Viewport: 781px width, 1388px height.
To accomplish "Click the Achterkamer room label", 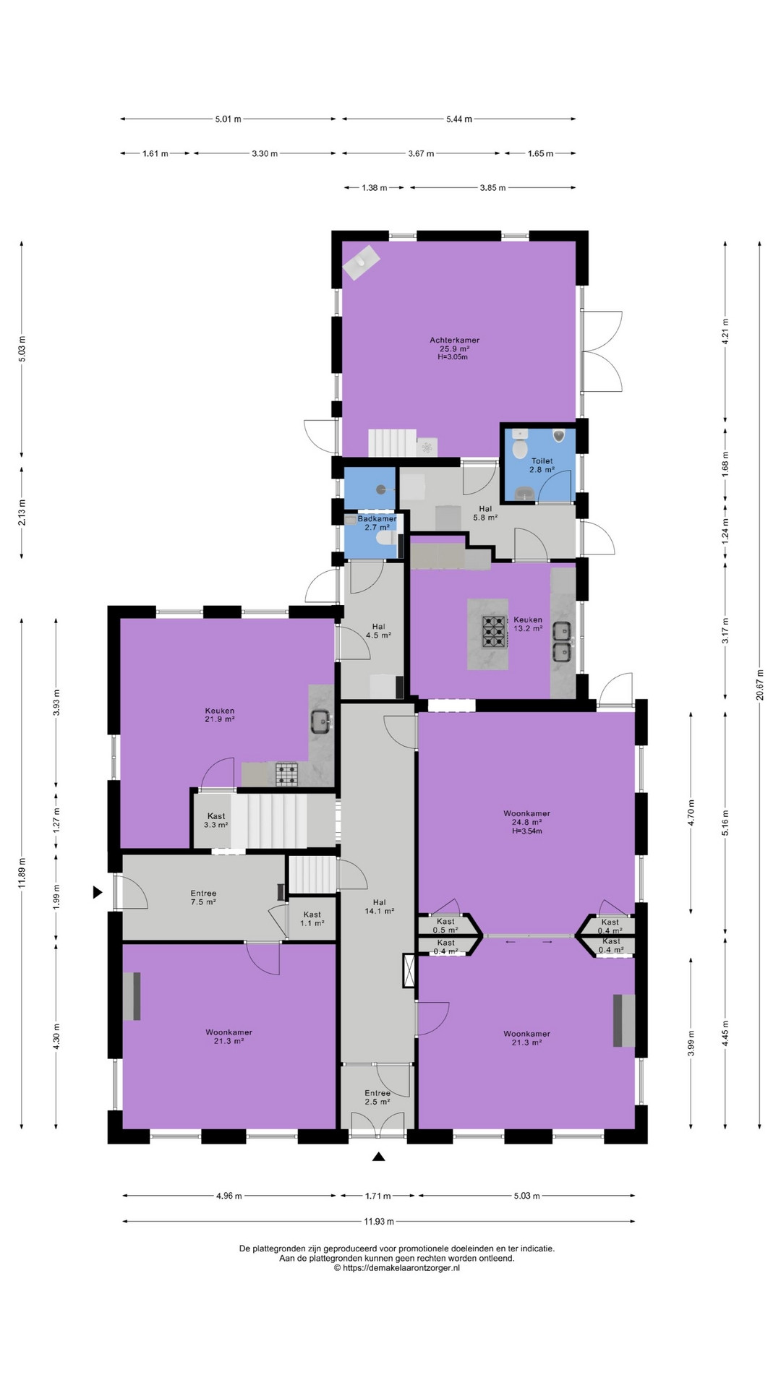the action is coord(454,340).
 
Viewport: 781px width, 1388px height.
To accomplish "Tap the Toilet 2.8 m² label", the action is coord(542,465).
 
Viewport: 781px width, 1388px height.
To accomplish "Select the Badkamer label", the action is coord(377,518).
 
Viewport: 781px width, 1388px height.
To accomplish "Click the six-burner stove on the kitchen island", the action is coord(495,630).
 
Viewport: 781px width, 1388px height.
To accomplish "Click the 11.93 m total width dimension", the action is coord(379,1221).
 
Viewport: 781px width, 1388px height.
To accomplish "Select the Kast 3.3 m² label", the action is coord(215,820).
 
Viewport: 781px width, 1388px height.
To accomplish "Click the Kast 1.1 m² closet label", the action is coord(312,919).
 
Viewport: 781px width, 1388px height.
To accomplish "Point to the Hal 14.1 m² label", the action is coord(379,907).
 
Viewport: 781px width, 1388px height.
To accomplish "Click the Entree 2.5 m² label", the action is coord(377,1097).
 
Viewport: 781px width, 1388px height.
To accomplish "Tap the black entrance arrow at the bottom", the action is coord(378,1157).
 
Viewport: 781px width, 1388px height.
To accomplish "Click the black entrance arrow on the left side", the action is coord(98,892).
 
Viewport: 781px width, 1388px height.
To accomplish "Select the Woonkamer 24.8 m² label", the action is coord(526,822).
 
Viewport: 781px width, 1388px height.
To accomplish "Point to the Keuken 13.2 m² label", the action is coord(528,624).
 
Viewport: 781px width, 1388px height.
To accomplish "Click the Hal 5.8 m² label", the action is coord(485,513).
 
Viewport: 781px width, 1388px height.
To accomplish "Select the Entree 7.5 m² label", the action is coord(203,897).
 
